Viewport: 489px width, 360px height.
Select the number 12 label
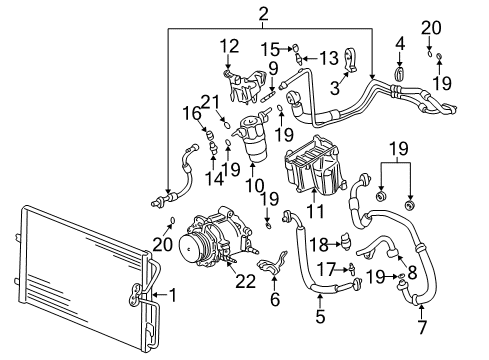coord(229,45)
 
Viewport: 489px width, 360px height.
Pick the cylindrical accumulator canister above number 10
coord(252,140)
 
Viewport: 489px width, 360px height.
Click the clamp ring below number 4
coord(400,73)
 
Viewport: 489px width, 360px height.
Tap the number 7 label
coord(420,326)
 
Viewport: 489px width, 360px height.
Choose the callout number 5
coord(321,318)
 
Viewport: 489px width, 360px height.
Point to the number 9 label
coord(272,68)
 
